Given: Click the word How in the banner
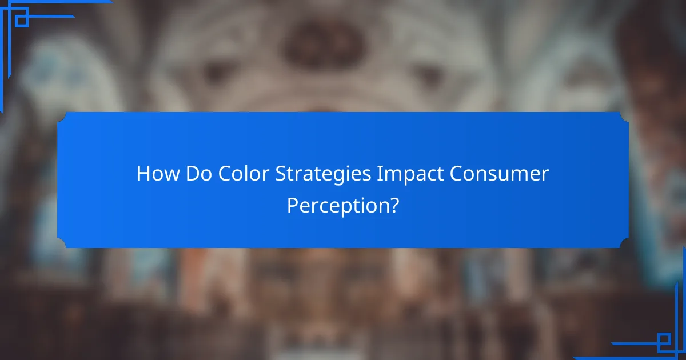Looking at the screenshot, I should pyautogui.click(x=158, y=174).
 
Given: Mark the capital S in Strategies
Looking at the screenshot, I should pyautogui.click(x=281, y=174).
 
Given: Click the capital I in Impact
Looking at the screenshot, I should pyautogui.click(x=379, y=174).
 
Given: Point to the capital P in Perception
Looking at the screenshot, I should pyautogui.click(x=292, y=205).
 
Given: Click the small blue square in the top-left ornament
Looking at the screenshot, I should pyautogui.click(x=21, y=20).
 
